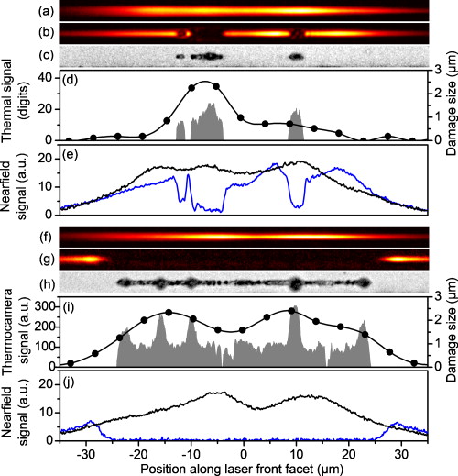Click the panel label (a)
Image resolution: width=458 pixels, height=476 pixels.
(42, 11)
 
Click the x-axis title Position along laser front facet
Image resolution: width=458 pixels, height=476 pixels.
(243, 467)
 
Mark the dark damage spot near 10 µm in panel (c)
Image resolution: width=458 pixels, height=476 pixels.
(295, 56)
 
